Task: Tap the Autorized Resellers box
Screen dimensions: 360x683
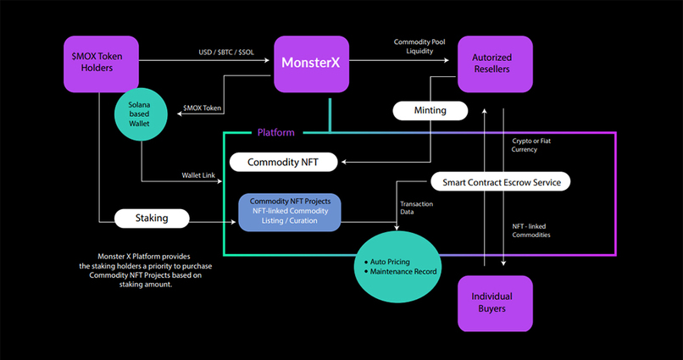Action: pyautogui.click(x=496, y=64)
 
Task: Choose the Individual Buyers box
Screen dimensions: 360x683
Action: pyautogui.click(x=496, y=302)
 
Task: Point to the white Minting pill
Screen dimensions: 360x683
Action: pyautogui.click(x=430, y=110)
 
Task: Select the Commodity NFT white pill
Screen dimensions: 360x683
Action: pyautogui.click(x=283, y=161)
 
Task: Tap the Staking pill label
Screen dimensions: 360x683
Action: pyautogui.click(x=152, y=218)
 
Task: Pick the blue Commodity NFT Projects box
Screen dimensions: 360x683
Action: pyautogui.click(x=290, y=213)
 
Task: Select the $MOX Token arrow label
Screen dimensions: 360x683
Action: pyautogui.click(x=203, y=108)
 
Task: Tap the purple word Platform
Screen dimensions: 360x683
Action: pyautogui.click(x=275, y=132)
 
